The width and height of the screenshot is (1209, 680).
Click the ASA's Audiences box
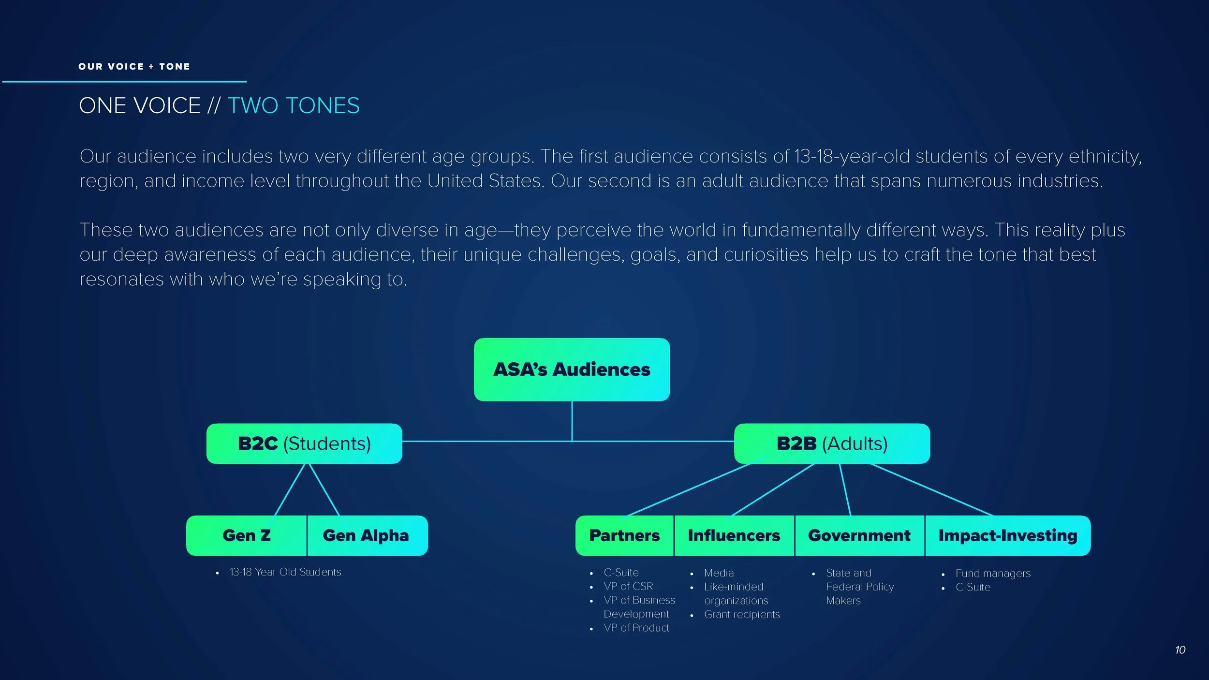pos(572,370)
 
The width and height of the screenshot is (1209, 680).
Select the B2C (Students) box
pos(304,443)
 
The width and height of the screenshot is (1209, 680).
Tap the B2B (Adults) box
pos(832,443)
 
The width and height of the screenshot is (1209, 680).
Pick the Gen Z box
pos(247,535)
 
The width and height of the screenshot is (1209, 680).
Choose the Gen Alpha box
pos(366,535)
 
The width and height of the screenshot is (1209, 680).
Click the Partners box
pos(624,535)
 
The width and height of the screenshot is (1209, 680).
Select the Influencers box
pos(734,535)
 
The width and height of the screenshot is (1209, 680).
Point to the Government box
pos(859,535)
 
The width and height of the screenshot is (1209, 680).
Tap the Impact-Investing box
pos(1008,535)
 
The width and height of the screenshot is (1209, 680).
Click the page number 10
pos(1180,650)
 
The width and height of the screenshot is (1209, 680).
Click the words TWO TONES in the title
pos(294,105)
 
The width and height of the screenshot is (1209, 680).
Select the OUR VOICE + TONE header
pos(134,67)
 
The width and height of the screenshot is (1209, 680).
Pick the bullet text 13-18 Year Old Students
pos(285,572)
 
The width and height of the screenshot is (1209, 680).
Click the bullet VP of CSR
pos(628,586)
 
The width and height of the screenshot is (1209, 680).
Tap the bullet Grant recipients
pos(742,614)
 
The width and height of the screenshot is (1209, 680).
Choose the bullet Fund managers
pos(993,573)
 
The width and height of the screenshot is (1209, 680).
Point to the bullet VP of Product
pos(636,628)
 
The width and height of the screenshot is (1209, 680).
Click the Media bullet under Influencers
pos(719,573)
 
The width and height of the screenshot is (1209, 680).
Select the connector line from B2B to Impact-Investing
pos(931,489)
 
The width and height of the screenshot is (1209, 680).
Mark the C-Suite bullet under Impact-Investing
pos(973,587)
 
